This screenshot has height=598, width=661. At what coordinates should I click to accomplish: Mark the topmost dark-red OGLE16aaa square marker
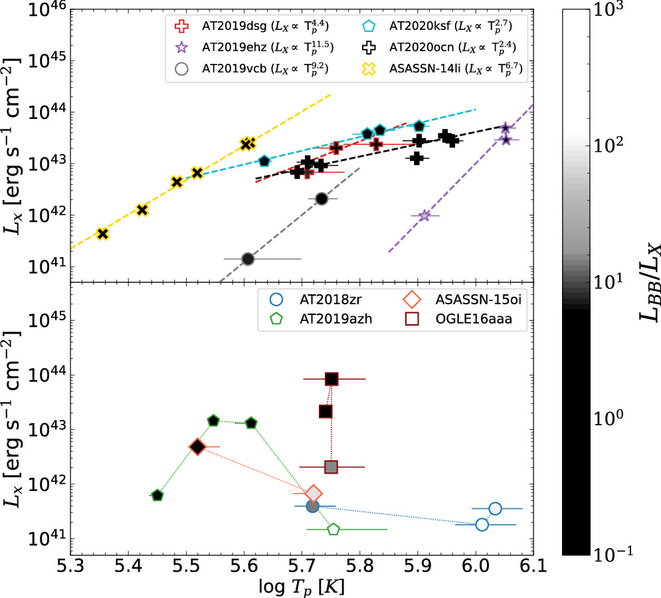click(331, 379)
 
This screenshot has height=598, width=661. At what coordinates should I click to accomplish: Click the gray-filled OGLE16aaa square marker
click(331, 467)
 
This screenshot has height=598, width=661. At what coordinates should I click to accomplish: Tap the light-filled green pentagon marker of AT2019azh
click(333, 530)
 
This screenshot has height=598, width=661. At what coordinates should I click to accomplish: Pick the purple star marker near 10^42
click(425, 216)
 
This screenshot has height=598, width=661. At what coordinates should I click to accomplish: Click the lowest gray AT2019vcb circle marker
click(248, 259)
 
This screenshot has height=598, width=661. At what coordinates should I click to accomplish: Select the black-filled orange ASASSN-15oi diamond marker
click(197, 447)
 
